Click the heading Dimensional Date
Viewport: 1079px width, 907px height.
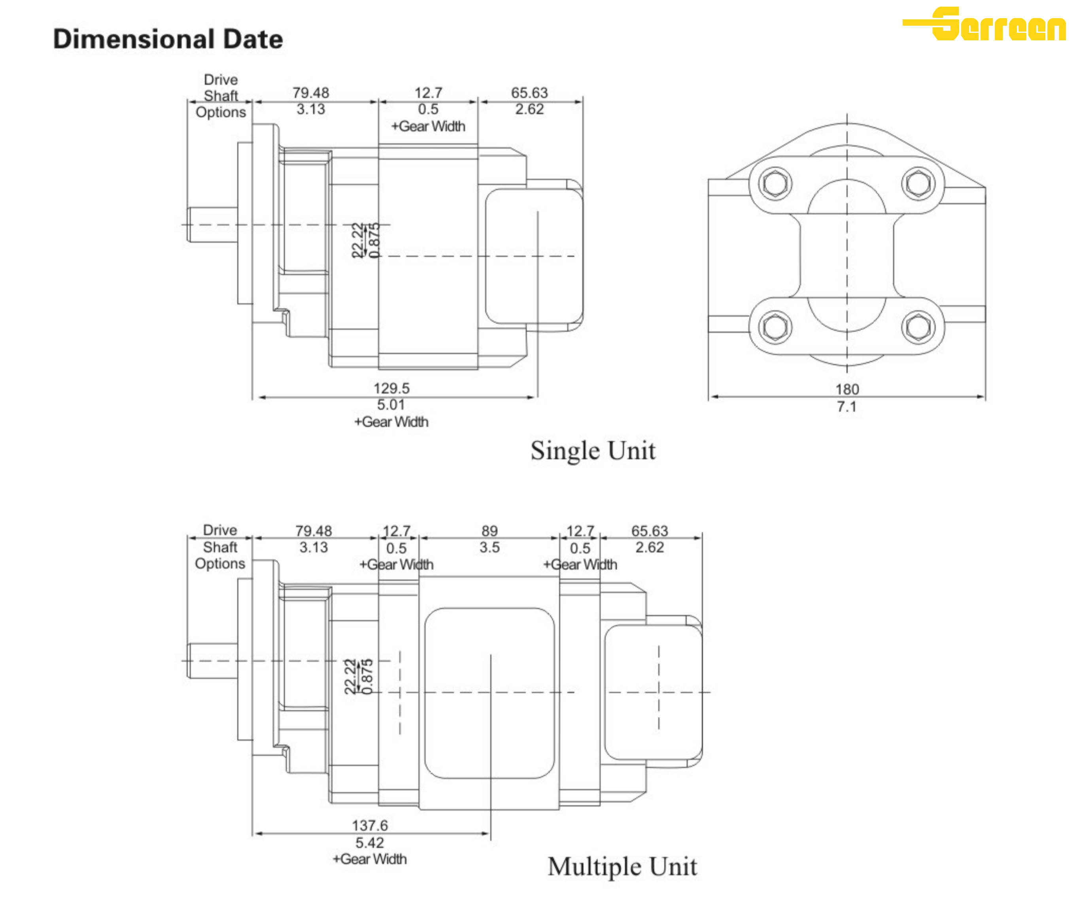168,39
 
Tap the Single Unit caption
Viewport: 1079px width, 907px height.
593,450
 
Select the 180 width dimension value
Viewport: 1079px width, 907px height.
847,389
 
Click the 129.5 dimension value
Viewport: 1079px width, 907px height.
391,388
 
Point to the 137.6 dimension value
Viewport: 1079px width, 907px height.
370,825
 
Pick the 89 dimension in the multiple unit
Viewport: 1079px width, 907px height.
489,531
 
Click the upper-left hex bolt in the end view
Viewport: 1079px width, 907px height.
775,183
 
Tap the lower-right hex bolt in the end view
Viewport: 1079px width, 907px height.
918,327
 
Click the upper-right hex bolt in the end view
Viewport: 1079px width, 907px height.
918,183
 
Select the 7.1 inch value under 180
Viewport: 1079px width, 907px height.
847,407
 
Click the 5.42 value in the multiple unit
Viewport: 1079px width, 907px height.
370,843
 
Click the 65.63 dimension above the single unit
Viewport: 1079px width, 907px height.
529,93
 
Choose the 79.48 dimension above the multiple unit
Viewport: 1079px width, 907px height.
314,531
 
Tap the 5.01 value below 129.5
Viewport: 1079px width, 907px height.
391,404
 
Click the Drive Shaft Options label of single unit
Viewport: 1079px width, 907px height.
221,96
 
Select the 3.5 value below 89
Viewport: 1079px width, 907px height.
489,547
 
